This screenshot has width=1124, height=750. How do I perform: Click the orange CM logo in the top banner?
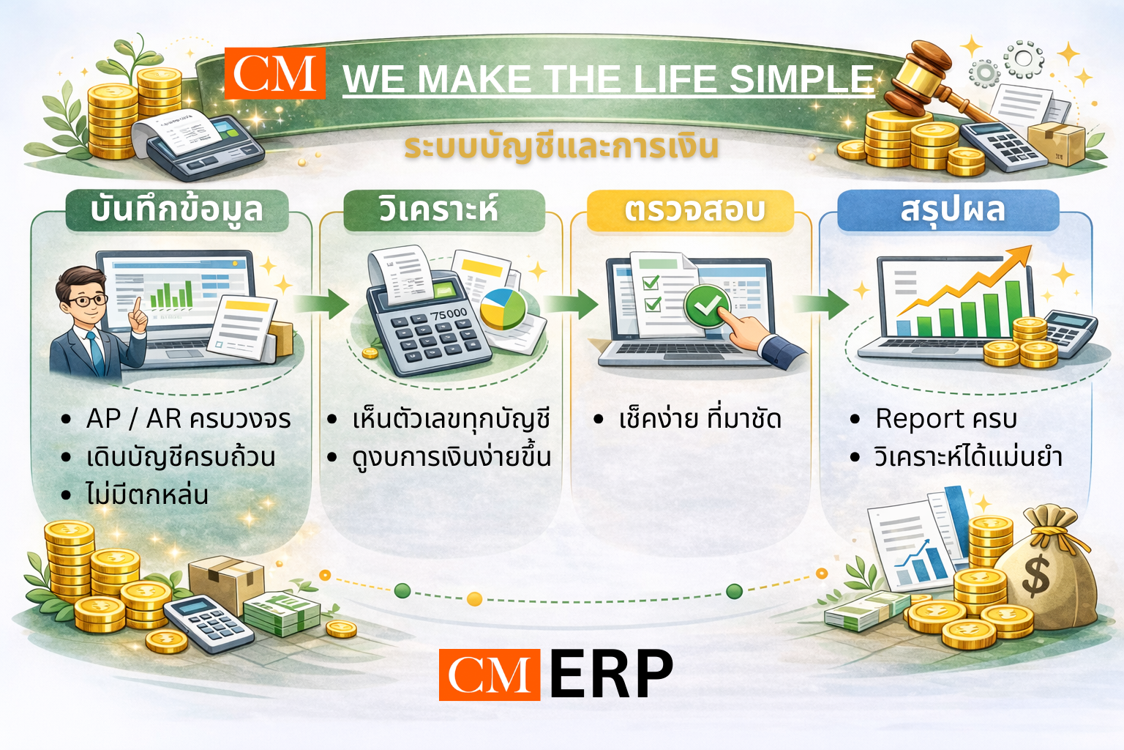click(x=274, y=73)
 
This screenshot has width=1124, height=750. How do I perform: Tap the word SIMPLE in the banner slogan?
click(x=801, y=79)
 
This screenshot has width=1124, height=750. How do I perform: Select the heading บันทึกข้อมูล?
click(x=176, y=209)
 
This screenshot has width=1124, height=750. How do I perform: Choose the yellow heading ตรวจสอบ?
click(x=694, y=210)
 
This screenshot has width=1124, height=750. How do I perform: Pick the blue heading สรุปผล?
click(x=953, y=210)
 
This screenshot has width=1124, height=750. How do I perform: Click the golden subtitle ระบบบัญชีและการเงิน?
click(x=561, y=146)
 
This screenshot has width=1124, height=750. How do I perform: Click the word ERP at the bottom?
click(x=612, y=674)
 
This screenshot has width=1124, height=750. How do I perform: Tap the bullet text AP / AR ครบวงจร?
click(x=188, y=419)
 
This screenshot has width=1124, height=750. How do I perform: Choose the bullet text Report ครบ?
click(x=946, y=419)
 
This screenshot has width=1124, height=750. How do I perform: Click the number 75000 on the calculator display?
click(x=449, y=314)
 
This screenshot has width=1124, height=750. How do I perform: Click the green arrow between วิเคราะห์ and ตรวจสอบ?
click(x=571, y=304)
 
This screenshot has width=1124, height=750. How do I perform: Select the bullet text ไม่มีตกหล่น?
click(x=147, y=494)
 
